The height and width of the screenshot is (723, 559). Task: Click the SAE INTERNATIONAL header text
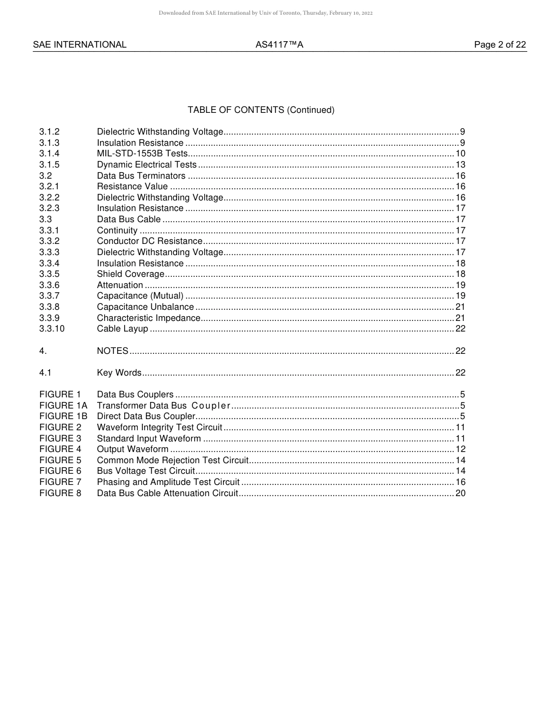click(x=79, y=45)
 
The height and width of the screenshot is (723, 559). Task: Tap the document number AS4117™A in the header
click(x=279, y=45)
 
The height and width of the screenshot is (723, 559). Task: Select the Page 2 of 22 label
click(x=500, y=45)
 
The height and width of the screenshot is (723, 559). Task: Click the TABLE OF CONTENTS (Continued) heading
click(x=261, y=110)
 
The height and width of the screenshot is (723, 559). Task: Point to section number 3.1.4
click(x=49, y=153)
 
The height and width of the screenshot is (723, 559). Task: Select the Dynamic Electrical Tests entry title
click(x=147, y=165)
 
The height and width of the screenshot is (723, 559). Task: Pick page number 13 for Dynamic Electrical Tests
click(x=460, y=165)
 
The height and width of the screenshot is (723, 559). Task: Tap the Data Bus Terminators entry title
click(x=141, y=176)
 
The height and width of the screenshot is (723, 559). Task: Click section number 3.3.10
click(x=52, y=329)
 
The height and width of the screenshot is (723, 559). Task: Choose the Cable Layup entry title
click(x=122, y=329)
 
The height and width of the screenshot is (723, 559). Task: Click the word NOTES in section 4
click(x=112, y=351)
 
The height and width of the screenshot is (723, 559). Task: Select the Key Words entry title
click(x=119, y=373)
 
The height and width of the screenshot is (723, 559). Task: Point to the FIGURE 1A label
click(x=63, y=406)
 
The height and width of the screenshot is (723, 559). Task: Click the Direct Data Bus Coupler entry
click(x=146, y=417)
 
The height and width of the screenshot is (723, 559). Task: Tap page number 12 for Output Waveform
click(x=460, y=450)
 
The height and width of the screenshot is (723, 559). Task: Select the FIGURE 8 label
click(x=60, y=493)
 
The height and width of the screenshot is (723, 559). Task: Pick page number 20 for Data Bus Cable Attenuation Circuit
click(x=460, y=493)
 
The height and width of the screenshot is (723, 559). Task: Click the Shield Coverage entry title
click(x=131, y=274)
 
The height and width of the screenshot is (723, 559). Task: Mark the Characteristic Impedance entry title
click(x=148, y=318)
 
